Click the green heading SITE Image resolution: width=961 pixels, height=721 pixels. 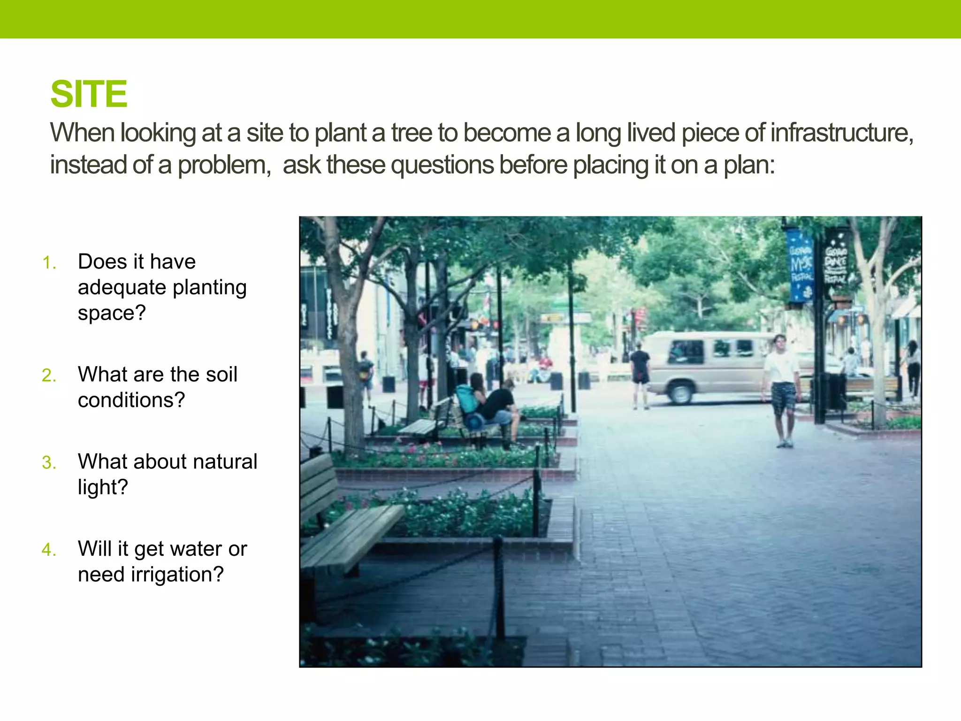point(89,94)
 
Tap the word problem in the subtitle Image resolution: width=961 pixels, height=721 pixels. point(222,165)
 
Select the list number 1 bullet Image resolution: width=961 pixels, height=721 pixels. point(49,263)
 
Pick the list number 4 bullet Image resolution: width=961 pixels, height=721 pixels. point(49,550)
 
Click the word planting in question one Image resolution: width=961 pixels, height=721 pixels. point(209,288)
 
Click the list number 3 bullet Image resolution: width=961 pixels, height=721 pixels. point(49,463)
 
